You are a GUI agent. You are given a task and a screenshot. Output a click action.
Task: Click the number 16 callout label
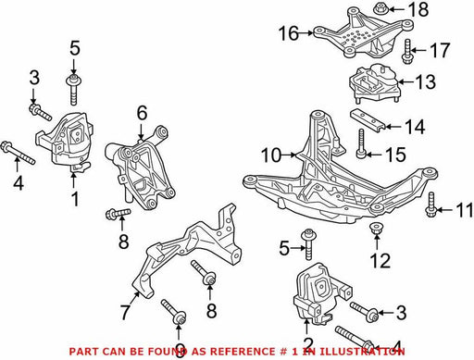pyautogui.click(x=289, y=33)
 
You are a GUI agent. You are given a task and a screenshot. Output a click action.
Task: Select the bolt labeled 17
pyautogui.click(x=406, y=52)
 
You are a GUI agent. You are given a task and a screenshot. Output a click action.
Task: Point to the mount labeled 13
pyautogui.click(x=374, y=82)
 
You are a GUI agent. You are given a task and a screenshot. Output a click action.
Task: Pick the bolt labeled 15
pyautogui.click(x=361, y=143)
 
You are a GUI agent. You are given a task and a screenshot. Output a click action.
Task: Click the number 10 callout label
pyautogui.click(x=271, y=155)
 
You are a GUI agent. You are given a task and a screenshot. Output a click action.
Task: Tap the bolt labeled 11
pyautogui.click(x=430, y=205)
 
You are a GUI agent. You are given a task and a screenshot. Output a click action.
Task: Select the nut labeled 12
pyautogui.click(x=376, y=228)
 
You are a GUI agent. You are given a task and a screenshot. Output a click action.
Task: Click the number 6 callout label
pyautogui.click(x=142, y=113)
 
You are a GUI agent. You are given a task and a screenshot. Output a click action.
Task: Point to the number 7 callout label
pyautogui.click(x=125, y=312)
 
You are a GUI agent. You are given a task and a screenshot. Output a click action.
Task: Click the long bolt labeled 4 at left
pyautogui.click(x=19, y=153)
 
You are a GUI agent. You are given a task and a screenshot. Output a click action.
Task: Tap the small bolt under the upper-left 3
pyautogui.click(x=40, y=112)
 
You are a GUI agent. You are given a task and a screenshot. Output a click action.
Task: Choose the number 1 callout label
pyautogui.click(x=75, y=199)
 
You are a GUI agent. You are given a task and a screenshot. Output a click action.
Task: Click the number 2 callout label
pyautogui.click(x=308, y=344)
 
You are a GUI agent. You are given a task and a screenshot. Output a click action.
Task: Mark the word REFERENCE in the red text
pyautogui.click(x=228, y=352)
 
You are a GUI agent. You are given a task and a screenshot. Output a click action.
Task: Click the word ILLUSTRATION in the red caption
pyautogui.click(x=361, y=352)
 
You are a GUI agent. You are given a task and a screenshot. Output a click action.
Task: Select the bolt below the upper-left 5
pyautogui.click(x=73, y=89)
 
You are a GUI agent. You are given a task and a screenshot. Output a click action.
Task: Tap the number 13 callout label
pyautogui.click(x=425, y=82)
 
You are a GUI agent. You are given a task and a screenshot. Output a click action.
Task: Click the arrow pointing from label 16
pyautogui.click(x=306, y=32)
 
